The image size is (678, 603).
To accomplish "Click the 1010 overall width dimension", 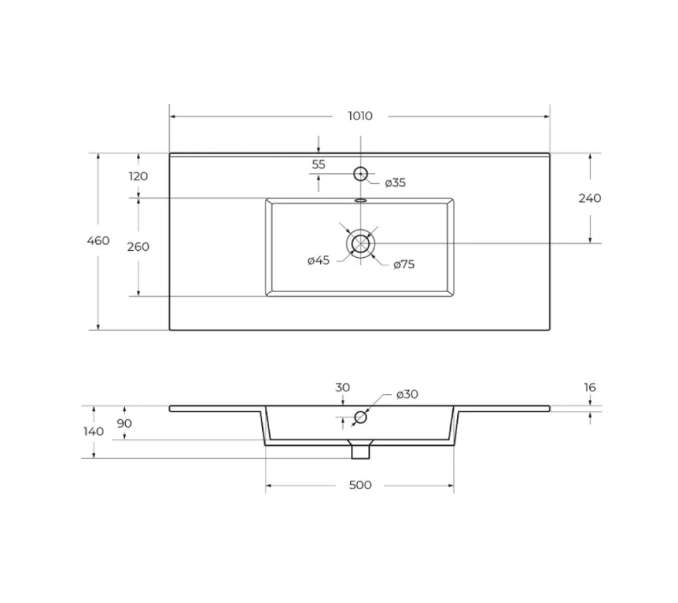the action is (360, 116).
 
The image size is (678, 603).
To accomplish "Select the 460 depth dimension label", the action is (98, 240).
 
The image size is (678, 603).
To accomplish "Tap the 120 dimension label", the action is (138, 176).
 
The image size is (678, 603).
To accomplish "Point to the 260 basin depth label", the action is (138, 247).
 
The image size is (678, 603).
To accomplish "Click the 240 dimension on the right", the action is (590, 198).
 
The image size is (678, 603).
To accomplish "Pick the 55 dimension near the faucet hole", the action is (318, 164).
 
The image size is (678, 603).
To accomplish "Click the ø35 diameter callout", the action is (395, 183).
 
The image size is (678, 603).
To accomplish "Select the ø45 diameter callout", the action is (318, 260).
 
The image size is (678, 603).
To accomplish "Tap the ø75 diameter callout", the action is (404, 264).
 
